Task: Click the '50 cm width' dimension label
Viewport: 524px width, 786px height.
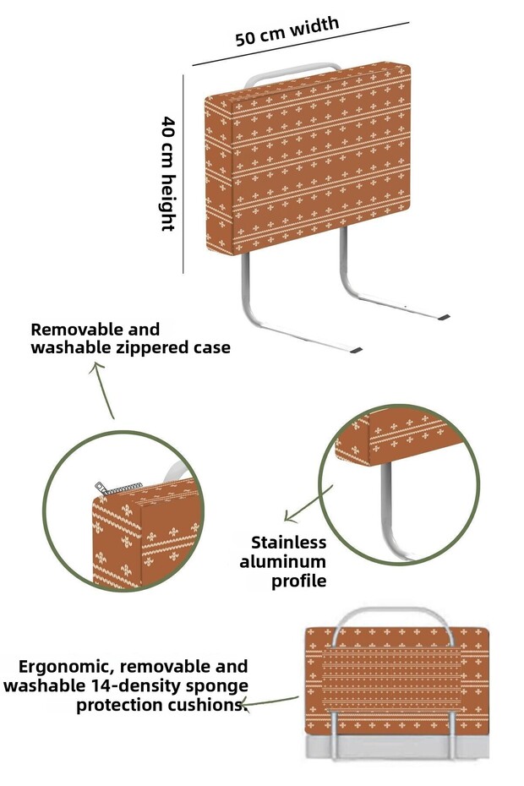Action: point(287,31)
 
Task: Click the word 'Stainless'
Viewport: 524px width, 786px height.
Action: point(288,543)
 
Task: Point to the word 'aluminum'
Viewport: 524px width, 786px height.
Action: point(283,561)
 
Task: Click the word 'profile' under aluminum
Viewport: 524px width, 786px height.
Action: point(298,581)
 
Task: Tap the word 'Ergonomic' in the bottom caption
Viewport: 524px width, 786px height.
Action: point(63,666)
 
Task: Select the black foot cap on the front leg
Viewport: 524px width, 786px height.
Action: point(356,349)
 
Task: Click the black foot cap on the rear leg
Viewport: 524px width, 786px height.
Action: point(441,316)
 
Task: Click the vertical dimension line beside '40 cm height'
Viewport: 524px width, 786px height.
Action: point(184,173)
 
